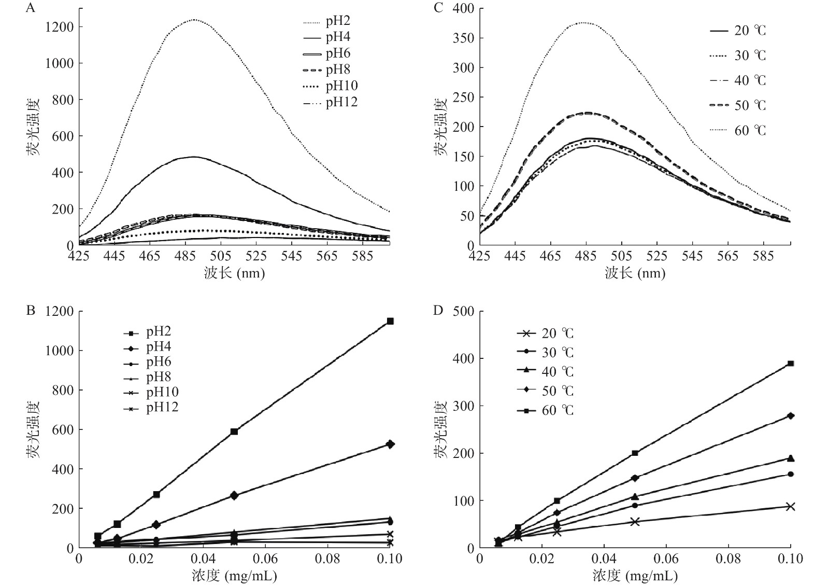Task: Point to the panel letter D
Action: click(438, 311)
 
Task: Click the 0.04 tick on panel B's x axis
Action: click(203, 559)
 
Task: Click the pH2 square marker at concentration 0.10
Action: click(390, 321)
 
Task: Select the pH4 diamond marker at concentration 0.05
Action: click(234, 495)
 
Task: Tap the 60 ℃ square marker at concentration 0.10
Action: click(791, 364)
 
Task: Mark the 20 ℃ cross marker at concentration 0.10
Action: click(791, 507)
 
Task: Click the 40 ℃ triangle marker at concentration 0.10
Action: click(791, 458)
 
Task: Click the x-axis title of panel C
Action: click(635, 273)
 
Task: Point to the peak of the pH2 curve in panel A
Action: click(193, 20)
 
